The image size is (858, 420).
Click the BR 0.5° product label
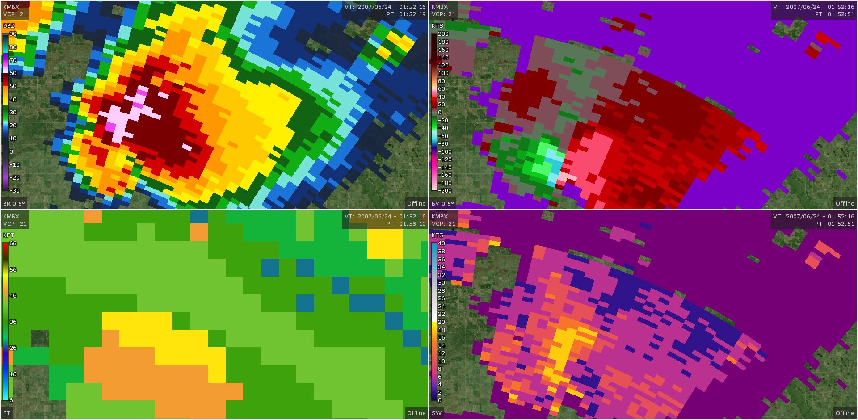[x=14, y=204]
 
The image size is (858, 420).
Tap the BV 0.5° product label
[x=442, y=204]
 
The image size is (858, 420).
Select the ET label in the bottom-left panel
[x=7, y=413]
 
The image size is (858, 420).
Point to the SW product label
[x=437, y=413]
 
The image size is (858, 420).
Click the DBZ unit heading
[x=9, y=26]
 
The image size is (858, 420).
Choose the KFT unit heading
[x=8, y=235]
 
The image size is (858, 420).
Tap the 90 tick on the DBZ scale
[x=13, y=34]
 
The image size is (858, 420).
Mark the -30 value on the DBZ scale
[x=15, y=191]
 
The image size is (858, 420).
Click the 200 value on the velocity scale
[x=443, y=34]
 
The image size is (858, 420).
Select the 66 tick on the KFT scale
[x=13, y=244]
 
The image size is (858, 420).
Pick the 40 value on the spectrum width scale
[x=442, y=244]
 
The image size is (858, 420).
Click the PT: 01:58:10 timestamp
[x=406, y=224]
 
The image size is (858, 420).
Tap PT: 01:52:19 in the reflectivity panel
[x=406, y=14]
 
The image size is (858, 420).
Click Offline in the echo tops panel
[x=416, y=413]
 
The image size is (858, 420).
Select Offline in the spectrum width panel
[x=845, y=413]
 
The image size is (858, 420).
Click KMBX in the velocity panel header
[x=440, y=7]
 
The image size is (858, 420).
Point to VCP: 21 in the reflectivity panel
[x=15, y=14]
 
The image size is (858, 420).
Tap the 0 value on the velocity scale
[x=440, y=113]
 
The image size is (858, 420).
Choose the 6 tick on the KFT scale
[x=11, y=400]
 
